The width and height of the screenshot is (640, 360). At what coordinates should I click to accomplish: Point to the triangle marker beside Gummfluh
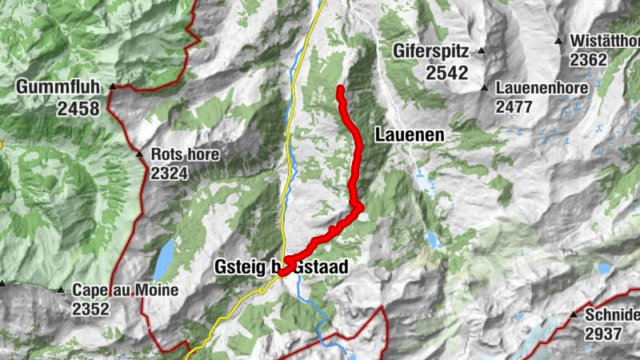(114, 86)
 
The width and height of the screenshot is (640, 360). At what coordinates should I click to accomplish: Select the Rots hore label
(185, 154)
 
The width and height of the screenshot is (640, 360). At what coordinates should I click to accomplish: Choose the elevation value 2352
(90, 309)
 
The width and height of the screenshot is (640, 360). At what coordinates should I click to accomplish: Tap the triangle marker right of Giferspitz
(482, 51)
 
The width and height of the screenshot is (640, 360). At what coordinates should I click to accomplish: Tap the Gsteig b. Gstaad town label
(281, 267)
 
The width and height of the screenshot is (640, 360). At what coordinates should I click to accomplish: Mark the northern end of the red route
(341, 89)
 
